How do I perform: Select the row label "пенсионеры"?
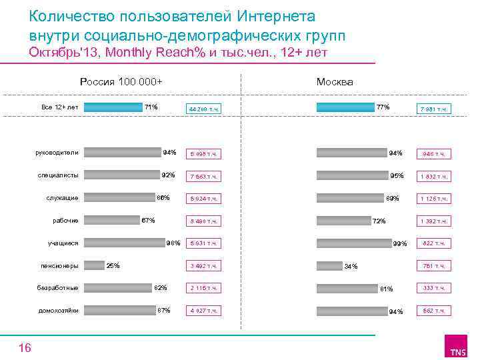pyautogui.click(x=60, y=266)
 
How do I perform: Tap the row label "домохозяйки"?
pyautogui.click(x=59, y=311)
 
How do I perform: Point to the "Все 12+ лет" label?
pyautogui.click(x=60, y=107)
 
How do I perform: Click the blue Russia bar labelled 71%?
pyautogui.click(x=115, y=107)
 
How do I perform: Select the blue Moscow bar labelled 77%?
pyautogui.click(x=345, y=107)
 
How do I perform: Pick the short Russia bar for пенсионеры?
pyautogui.click(x=95, y=265)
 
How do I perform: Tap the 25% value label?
pyautogui.click(x=113, y=266)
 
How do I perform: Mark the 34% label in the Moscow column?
pyautogui.click(x=351, y=267)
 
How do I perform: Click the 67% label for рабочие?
pyautogui.click(x=148, y=221)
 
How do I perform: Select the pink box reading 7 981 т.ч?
pyautogui.click(x=434, y=109)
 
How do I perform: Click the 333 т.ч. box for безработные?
pyautogui.click(x=434, y=288)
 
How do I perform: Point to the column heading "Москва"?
pyautogui.click(x=335, y=82)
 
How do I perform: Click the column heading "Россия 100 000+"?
pyautogui.click(x=121, y=82)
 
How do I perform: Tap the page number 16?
pyautogui.click(x=25, y=347)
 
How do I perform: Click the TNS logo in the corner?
pyautogui.click(x=457, y=349)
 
